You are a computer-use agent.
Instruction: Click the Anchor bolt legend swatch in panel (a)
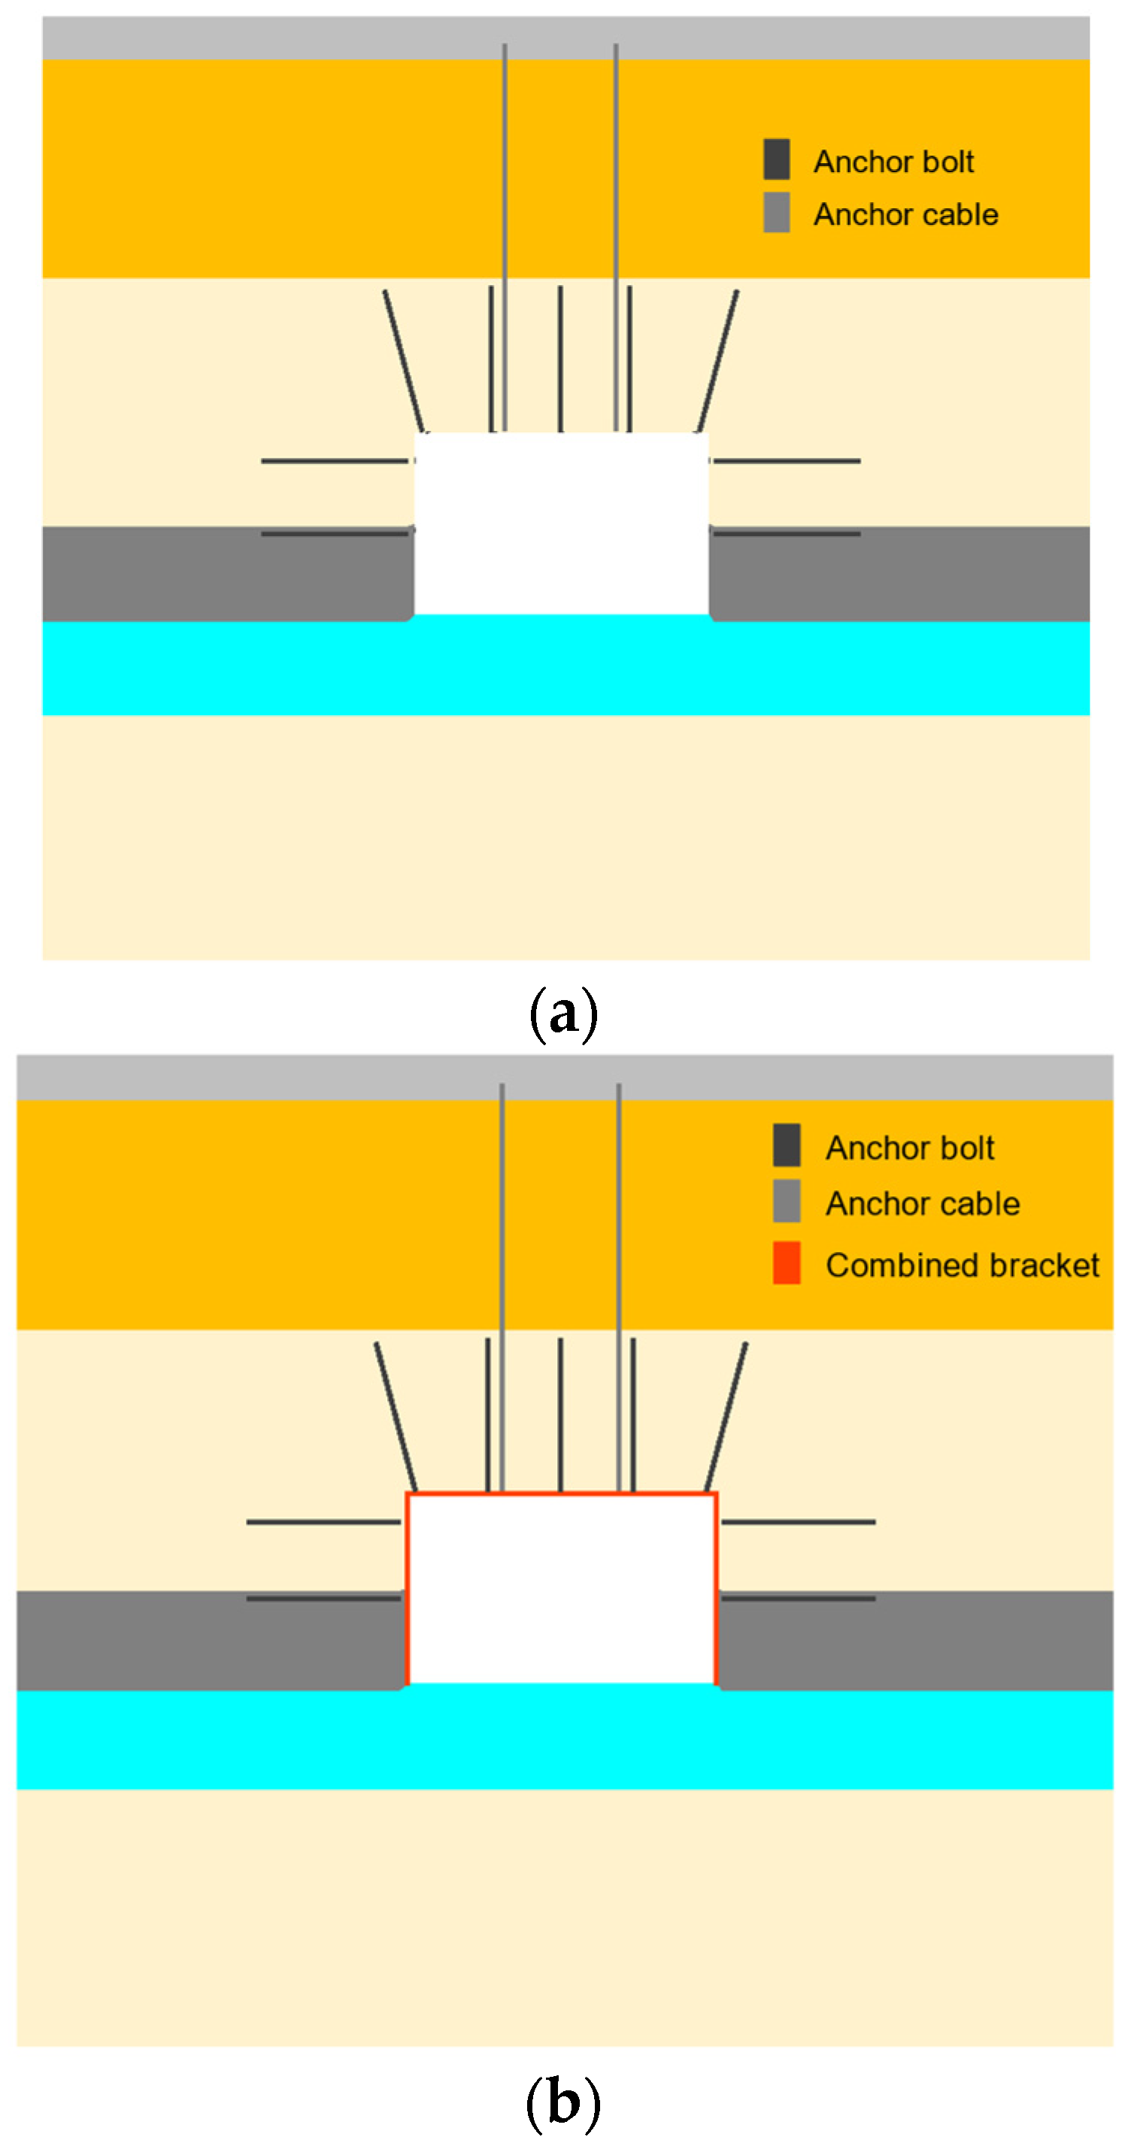tap(776, 159)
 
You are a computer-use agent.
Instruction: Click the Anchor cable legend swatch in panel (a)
tap(776, 212)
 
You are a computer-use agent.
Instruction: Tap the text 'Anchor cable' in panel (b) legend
tap(922, 1204)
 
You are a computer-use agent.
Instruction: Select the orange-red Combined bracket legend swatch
tap(786, 1262)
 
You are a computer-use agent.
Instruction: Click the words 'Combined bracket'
tap(963, 1265)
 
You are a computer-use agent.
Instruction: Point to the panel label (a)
tap(564, 1013)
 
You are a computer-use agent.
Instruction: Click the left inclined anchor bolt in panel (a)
tap(404, 361)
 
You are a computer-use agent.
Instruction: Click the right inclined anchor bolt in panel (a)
tap(718, 361)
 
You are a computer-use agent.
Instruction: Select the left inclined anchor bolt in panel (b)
tap(395, 1416)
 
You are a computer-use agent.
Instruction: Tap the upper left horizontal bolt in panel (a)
tap(334, 461)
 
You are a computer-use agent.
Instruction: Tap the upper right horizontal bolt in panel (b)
tap(798, 1522)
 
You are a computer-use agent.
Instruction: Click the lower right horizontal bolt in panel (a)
tap(785, 533)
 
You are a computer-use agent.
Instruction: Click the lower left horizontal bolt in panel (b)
tap(324, 1598)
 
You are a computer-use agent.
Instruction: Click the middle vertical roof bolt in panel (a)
tap(560, 359)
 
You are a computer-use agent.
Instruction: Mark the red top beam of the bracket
tap(561, 1493)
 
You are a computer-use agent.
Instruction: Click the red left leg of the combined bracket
tap(408, 1587)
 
